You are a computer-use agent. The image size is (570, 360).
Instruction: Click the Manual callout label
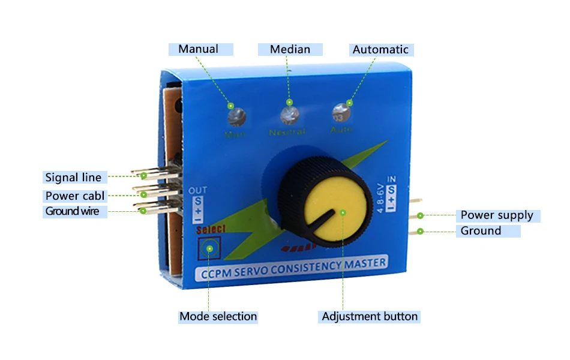click(x=200, y=49)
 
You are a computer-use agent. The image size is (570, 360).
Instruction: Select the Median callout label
click(x=290, y=49)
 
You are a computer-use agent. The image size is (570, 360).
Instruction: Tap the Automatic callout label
click(x=380, y=50)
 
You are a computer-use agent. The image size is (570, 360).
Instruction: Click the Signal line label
click(x=74, y=177)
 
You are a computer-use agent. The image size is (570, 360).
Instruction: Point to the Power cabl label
click(x=74, y=196)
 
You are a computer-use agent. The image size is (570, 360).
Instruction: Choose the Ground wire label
click(x=73, y=211)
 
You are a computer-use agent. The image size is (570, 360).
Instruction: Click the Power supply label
click(x=497, y=215)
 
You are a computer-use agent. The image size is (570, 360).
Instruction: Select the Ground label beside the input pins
click(x=481, y=231)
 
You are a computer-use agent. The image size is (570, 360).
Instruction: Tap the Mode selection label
click(x=218, y=316)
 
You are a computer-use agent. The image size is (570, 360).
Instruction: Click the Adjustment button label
click(x=370, y=316)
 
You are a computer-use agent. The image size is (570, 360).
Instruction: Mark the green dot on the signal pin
click(x=144, y=176)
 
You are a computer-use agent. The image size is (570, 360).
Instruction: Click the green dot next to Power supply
click(x=421, y=215)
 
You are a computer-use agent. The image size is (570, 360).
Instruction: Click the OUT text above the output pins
click(x=197, y=191)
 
